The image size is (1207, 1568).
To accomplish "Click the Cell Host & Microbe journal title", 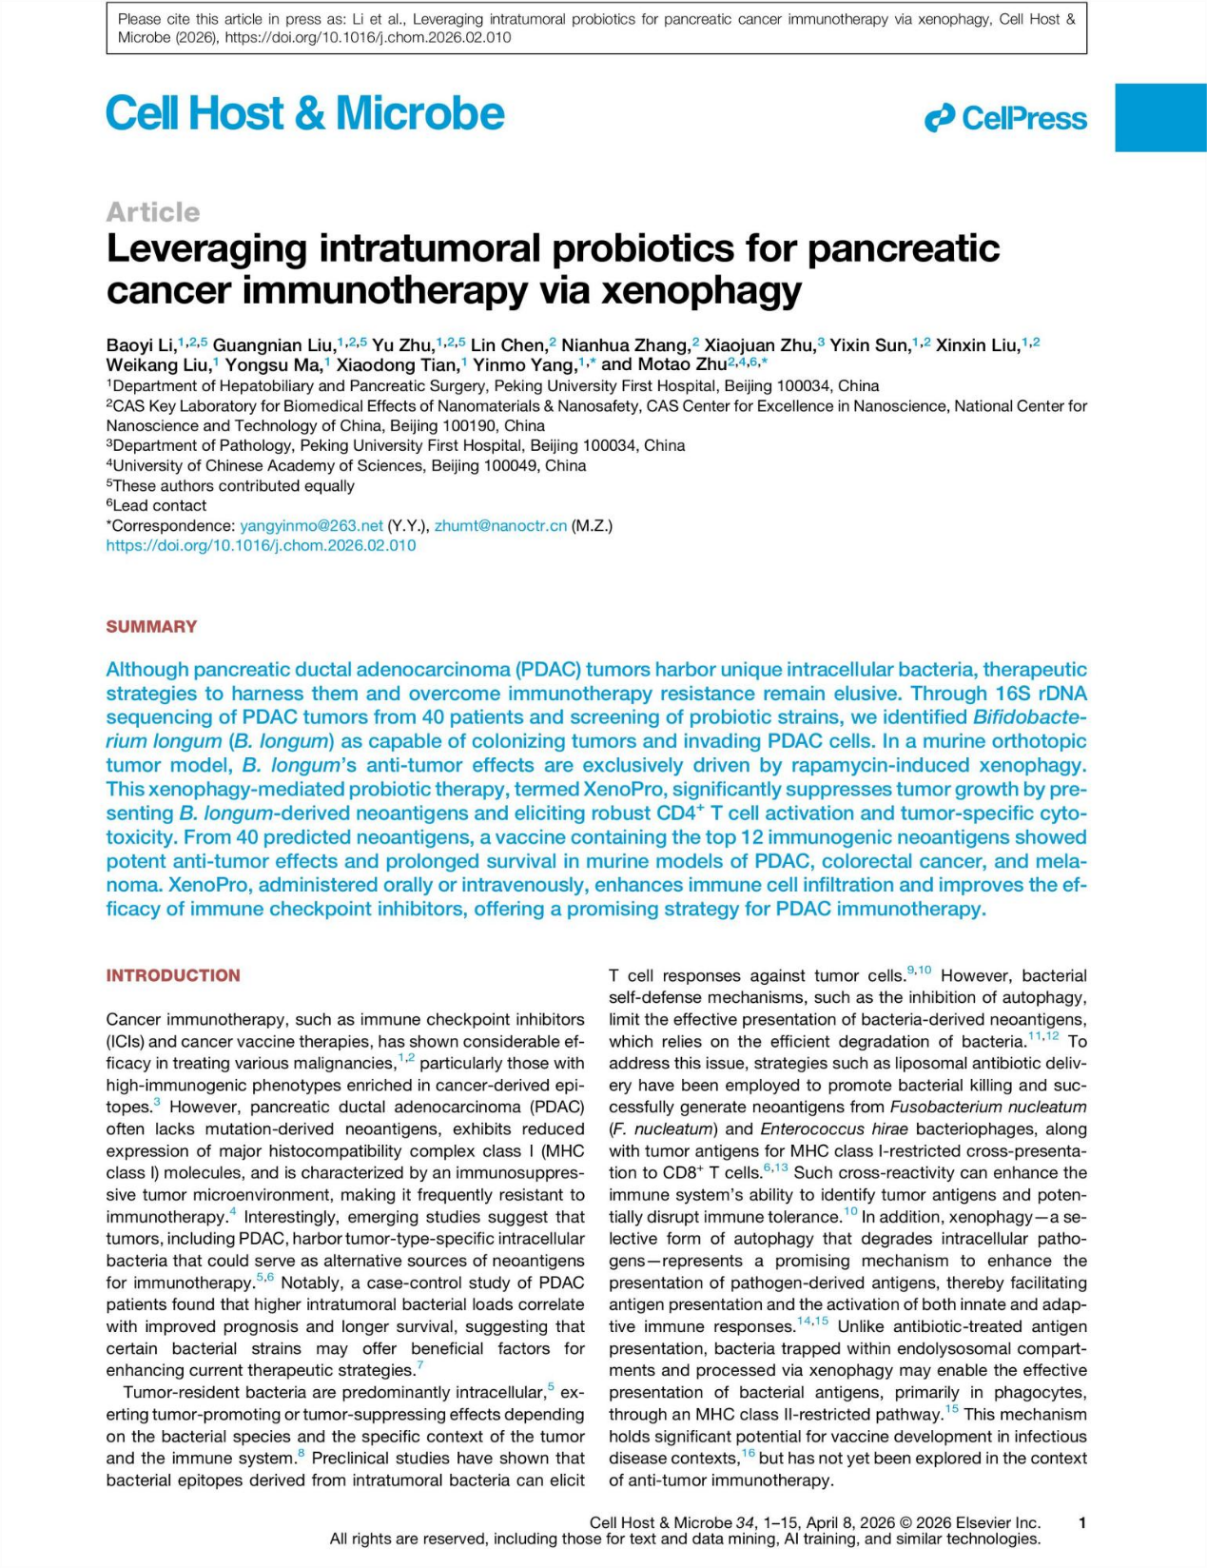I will coord(304,114).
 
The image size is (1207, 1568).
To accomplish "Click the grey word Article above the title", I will coord(153,211).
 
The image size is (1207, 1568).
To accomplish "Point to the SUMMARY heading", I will coord(151,626).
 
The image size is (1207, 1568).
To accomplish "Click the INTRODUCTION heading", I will coord(173,975).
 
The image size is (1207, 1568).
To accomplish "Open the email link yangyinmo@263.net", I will coord(311,526).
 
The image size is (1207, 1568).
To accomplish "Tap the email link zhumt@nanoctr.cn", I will coord(500,526).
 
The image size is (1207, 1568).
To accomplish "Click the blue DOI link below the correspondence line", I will coord(261,546).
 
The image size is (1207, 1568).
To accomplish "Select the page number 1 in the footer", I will coord(1082,1522).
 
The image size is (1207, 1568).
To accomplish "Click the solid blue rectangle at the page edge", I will coord(1160,117).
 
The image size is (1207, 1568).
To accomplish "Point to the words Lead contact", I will coord(159,506).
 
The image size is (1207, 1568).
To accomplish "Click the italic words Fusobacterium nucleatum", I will coord(987,1107).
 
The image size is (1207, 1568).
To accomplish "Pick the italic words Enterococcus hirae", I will coord(834,1128).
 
